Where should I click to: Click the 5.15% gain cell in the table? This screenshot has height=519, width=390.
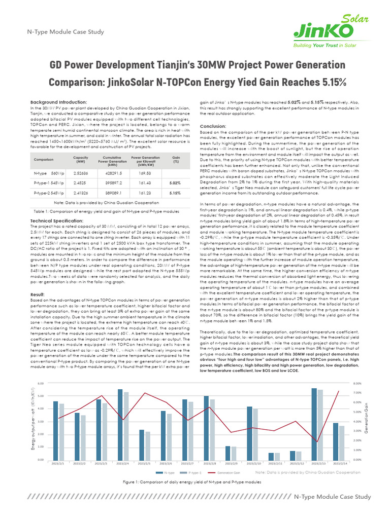pos(176,193)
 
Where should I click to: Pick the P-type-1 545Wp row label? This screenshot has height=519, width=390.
pos(49,183)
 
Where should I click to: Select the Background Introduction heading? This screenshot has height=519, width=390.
pos(58,102)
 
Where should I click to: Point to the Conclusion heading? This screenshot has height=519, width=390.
pos(212,126)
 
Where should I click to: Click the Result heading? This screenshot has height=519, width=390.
pos(38,294)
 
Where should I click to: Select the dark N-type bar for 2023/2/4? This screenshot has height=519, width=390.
pos(120,424)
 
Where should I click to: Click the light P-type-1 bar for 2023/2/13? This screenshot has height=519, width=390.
pos(320,425)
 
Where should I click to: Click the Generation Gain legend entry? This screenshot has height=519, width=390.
pos(226,472)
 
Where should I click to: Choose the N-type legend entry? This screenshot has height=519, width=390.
pos(167,472)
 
